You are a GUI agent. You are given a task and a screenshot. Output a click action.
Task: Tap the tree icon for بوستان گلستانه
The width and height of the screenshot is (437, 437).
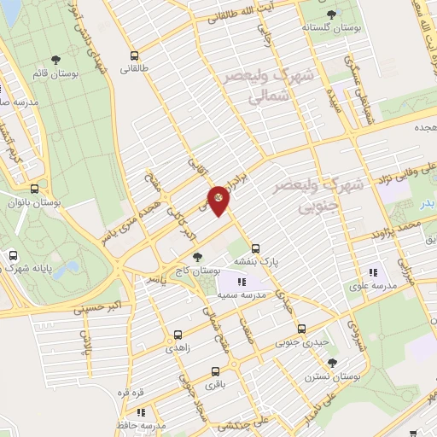pyautogui.click(x=331, y=14)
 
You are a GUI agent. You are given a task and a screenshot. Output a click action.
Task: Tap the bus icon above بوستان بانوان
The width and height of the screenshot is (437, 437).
pyautogui.click(x=34, y=189)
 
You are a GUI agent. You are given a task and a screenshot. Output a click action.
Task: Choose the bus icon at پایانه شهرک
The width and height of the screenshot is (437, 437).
pyautogui.click(x=14, y=254)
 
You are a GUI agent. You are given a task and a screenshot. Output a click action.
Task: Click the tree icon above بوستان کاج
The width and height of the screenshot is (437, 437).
pyautogui.click(x=198, y=256)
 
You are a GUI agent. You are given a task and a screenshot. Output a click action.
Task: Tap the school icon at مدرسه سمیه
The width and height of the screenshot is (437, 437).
pyautogui.click(x=242, y=281)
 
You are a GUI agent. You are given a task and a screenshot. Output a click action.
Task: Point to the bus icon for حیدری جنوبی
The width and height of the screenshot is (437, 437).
pyautogui.click(x=301, y=328)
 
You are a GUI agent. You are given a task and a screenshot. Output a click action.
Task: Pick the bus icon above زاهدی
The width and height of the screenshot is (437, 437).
pyautogui.click(x=178, y=335)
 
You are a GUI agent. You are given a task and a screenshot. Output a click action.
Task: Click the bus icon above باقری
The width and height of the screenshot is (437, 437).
pyautogui.click(x=215, y=371)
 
